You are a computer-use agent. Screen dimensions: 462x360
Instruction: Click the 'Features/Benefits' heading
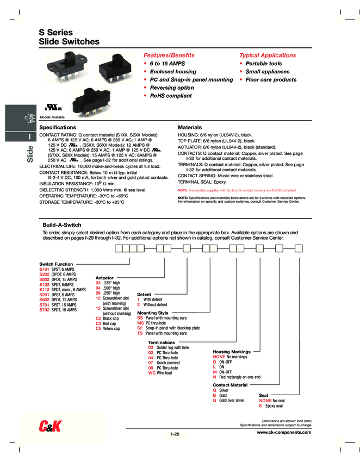[x=169, y=55]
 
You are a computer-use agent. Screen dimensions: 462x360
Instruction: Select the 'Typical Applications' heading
[x=268, y=55]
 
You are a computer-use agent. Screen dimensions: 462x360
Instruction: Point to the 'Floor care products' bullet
[x=271, y=79]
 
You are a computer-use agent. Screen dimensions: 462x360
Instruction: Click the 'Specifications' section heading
[x=58, y=127]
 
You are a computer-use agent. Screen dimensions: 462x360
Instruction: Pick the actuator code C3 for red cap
[x=98, y=323]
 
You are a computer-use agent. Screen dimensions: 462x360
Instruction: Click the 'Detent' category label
[x=144, y=294]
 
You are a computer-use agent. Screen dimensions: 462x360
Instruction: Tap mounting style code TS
[x=140, y=333]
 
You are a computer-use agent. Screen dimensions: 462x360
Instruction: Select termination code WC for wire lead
[x=152, y=373]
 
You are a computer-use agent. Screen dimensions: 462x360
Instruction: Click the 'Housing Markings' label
[x=232, y=352]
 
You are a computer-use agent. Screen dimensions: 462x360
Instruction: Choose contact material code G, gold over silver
[x=215, y=400]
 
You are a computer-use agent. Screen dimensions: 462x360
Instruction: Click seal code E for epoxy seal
[x=260, y=405]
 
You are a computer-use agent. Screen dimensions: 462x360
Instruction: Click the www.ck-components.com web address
[x=284, y=432]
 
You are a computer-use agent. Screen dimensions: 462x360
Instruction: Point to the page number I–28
[x=175, y=434]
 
